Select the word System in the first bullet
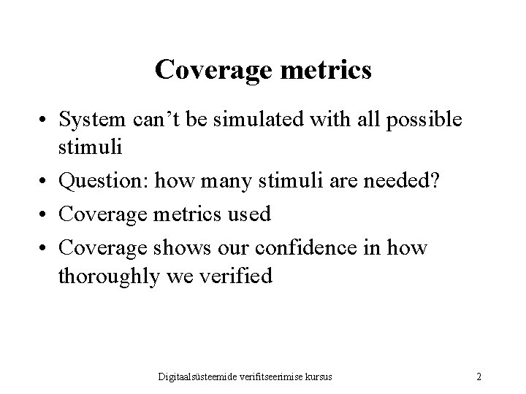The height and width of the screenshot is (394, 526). tap(91, 120)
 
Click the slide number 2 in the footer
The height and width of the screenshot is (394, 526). tap(479, 377)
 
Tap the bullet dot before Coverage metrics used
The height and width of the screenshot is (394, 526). tap(45, 215)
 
